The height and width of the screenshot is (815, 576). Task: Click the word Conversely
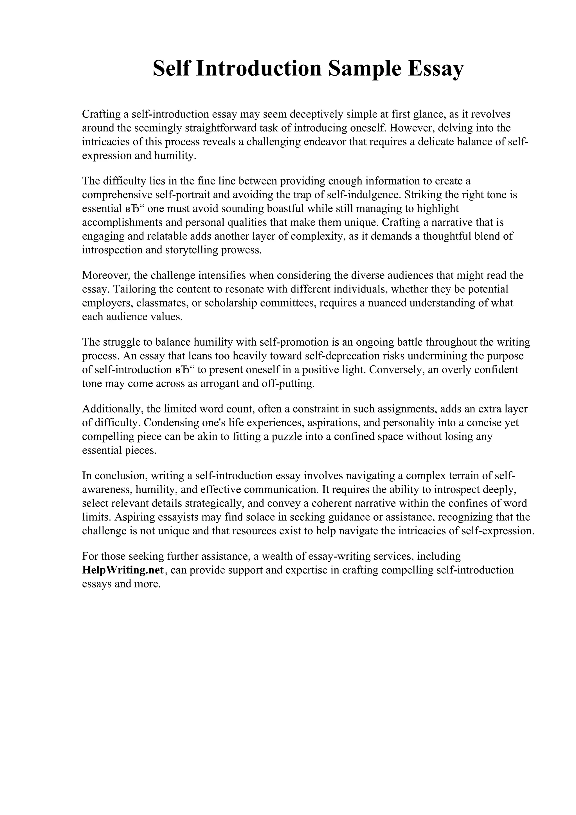[x=396, y=370]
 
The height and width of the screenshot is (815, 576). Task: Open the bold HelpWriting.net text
[x=123, y=570]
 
